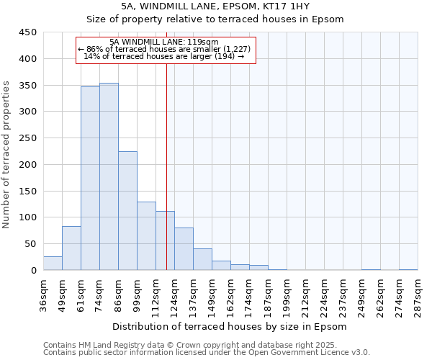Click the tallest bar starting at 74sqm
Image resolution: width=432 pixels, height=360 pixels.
click(x=109, y=177)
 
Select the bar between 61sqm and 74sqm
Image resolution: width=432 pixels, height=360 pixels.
click(x=90, y=179)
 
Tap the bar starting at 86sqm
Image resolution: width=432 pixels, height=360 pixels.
click(x=127, y=211)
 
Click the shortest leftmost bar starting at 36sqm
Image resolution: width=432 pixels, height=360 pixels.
click(x=53, y=264)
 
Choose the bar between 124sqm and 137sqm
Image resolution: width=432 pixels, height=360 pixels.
click(x=184, y=249)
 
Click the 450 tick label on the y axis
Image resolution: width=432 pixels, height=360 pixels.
click(x=28, y=32)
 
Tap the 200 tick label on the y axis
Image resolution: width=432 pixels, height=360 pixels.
click(x=28, y=165)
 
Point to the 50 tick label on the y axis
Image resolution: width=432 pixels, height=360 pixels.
click(x=31, y=244)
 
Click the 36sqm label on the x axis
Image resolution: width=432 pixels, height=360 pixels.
click(x=43, y=293)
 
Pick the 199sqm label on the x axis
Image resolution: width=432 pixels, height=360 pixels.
click(x=287, y=293)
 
